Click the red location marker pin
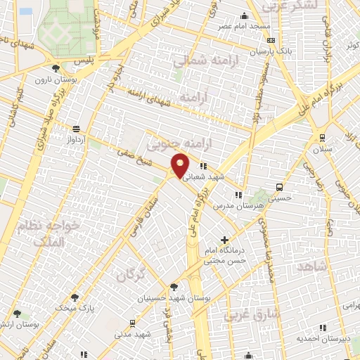(x=181, y=165)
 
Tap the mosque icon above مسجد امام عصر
(x=244, y=16)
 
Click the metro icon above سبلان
(x=322, y=138)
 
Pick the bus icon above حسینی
(x=280, y=187)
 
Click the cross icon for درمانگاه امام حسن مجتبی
(x=224, y=240)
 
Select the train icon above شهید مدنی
(x=132, y=323)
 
